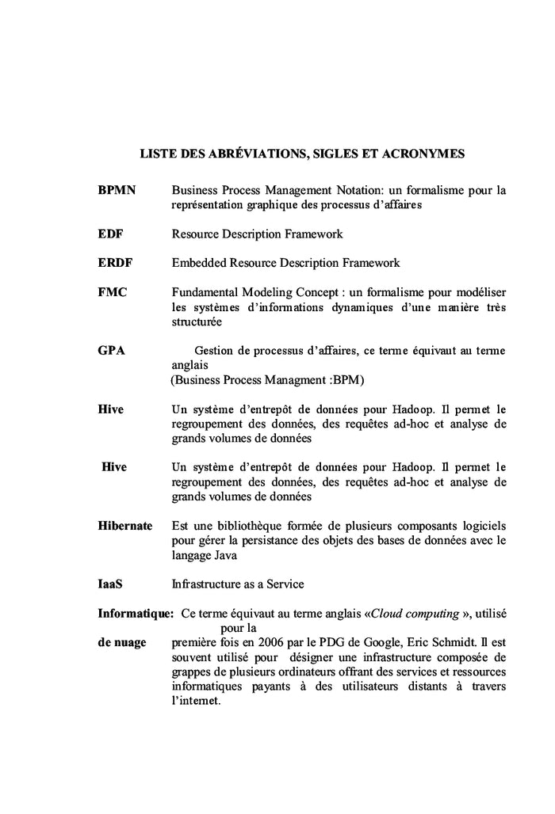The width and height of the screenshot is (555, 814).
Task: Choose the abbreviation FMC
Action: coord(113,291)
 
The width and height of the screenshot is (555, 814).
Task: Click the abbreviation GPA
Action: coord(112,350)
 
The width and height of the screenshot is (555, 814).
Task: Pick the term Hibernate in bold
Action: coord(125,526)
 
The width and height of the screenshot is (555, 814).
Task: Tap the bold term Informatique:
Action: coord(136,613)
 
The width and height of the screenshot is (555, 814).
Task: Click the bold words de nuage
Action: coord(122,641)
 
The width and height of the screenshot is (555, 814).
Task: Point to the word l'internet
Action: coord(194,702)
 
